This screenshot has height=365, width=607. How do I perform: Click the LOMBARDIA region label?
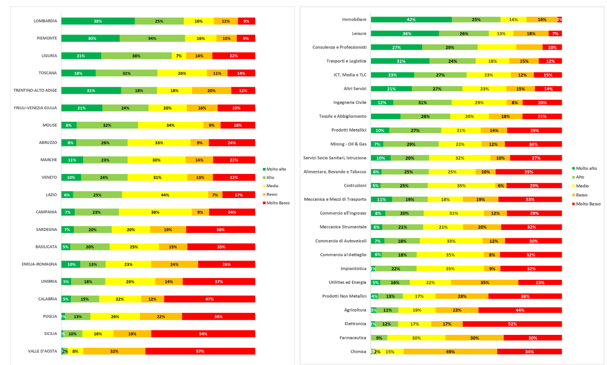click(45, 21)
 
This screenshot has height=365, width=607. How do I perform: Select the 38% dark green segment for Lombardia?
click(98, 21)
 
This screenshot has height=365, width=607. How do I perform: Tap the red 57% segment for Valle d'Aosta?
click(200, 351)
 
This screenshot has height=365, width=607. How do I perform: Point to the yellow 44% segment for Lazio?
click(165, 195)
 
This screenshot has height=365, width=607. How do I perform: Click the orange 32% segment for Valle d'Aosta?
click(114, 351)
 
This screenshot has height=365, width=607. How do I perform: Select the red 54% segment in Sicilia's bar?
click(203, 334)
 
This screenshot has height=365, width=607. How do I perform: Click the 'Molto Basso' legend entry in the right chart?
click(588, 204)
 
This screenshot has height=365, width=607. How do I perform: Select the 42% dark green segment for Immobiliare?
click(411, 19)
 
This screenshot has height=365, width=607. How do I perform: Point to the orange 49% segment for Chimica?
click(450, 351)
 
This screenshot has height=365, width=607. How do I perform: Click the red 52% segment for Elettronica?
click(512, 324)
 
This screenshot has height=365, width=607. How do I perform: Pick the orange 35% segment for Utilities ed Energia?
click(484, 282)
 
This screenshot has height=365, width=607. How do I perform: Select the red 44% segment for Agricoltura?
click(520, 310)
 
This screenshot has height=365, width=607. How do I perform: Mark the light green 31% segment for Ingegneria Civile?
click(422, 102)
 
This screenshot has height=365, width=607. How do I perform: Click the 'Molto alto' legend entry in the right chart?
click(586, 168)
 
